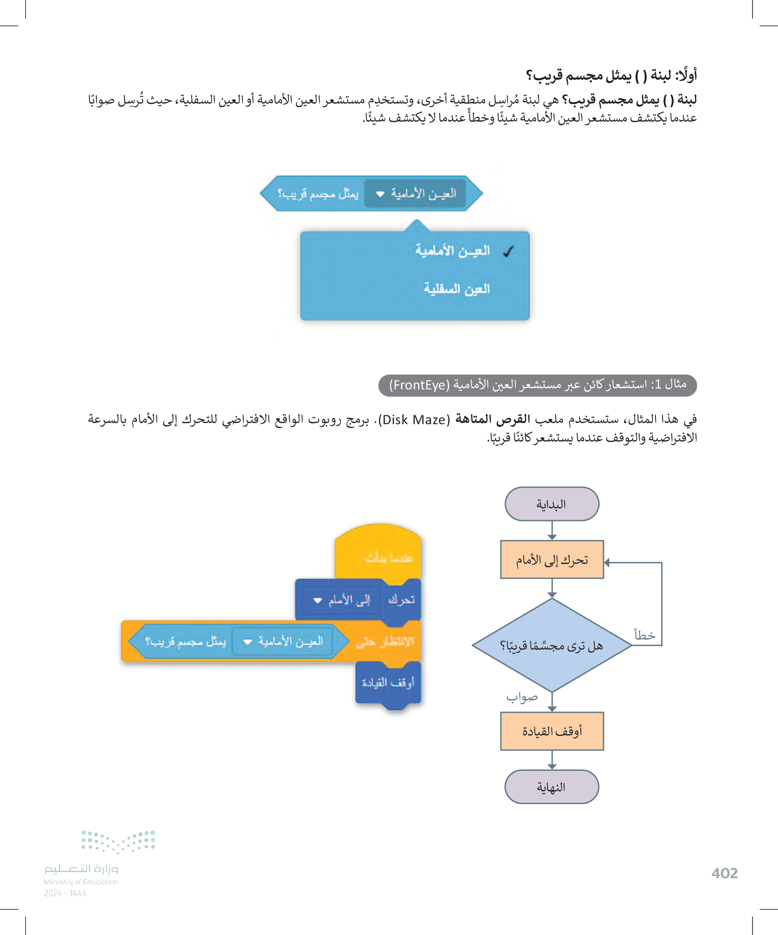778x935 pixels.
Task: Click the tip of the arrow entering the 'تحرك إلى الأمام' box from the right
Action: click(x=604, y=563)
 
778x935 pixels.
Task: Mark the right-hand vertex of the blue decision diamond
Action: click(x=632, y=645)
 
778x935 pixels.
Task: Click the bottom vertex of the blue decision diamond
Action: click(x=552, y=692)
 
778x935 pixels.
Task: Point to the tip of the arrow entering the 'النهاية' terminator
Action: click(x=552, y=770)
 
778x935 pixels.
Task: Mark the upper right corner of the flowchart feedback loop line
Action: click(x=662, y=563)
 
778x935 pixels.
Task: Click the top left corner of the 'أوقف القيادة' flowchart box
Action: click(x=501, y=712)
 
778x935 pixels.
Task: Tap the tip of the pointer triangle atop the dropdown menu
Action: click(x=417, y=220)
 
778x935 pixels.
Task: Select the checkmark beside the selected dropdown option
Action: click(x=508, y=252)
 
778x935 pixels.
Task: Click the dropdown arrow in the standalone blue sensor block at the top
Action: click(x=380, y=194)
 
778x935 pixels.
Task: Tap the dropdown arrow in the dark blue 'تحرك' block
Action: click(x=317, y=600)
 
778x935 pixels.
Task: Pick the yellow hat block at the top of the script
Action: click(x=378, y=552)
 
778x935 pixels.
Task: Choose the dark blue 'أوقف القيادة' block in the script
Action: click(x=388, y=683)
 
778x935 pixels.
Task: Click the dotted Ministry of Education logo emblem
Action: click(x=118, y=841)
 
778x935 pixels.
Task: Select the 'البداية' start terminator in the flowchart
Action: click(x=552, y=504)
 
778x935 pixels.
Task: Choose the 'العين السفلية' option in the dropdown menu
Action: click(x=456, y=289)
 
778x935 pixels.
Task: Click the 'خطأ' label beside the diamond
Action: click(x=644, y=634)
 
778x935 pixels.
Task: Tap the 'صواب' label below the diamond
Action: click(x=522, y=697)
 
